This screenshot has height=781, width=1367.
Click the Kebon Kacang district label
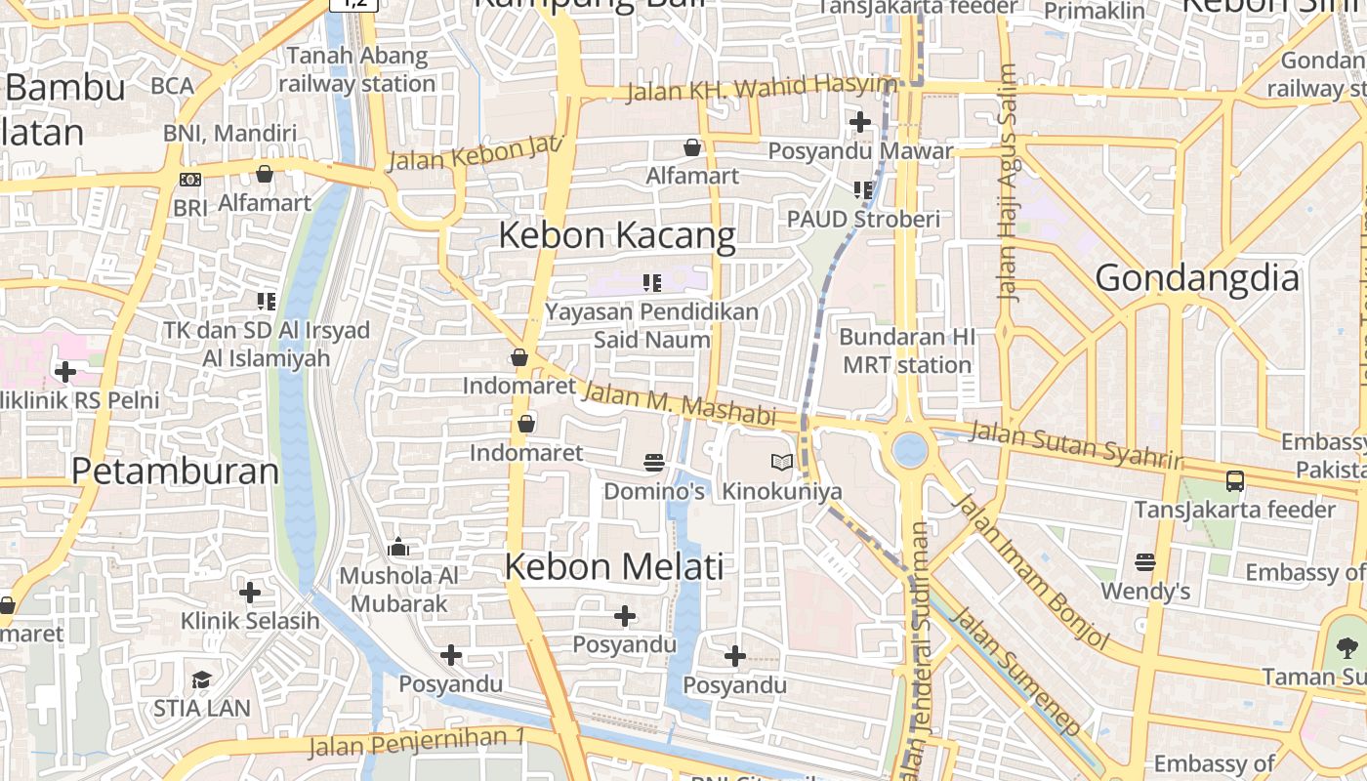pos(617,235)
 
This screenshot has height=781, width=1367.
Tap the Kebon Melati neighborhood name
pos(614,566)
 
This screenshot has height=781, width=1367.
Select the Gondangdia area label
pos(1197,278)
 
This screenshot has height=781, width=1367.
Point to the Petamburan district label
pos(175,471)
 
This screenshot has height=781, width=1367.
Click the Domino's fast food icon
pos(654,462)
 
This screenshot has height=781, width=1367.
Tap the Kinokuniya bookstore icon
pos(781,462)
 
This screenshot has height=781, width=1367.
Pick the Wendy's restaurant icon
pos(1145,562)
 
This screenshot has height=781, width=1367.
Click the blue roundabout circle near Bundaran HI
pos(910,450)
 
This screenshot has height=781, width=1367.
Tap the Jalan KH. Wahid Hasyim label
pos(761,89)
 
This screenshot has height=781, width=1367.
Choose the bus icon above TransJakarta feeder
pos(1234,480)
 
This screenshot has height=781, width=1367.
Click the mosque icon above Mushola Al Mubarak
pos(398,548)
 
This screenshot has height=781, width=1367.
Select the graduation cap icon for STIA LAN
pos(201,679)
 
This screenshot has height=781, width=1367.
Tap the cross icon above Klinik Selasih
pos(250,592)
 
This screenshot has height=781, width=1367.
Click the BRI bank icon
pos(190,180)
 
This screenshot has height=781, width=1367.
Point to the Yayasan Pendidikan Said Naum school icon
pos(651,283)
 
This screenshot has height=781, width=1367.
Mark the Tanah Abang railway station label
pos(357,69)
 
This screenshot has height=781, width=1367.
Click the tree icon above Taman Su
pos(1347,647)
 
